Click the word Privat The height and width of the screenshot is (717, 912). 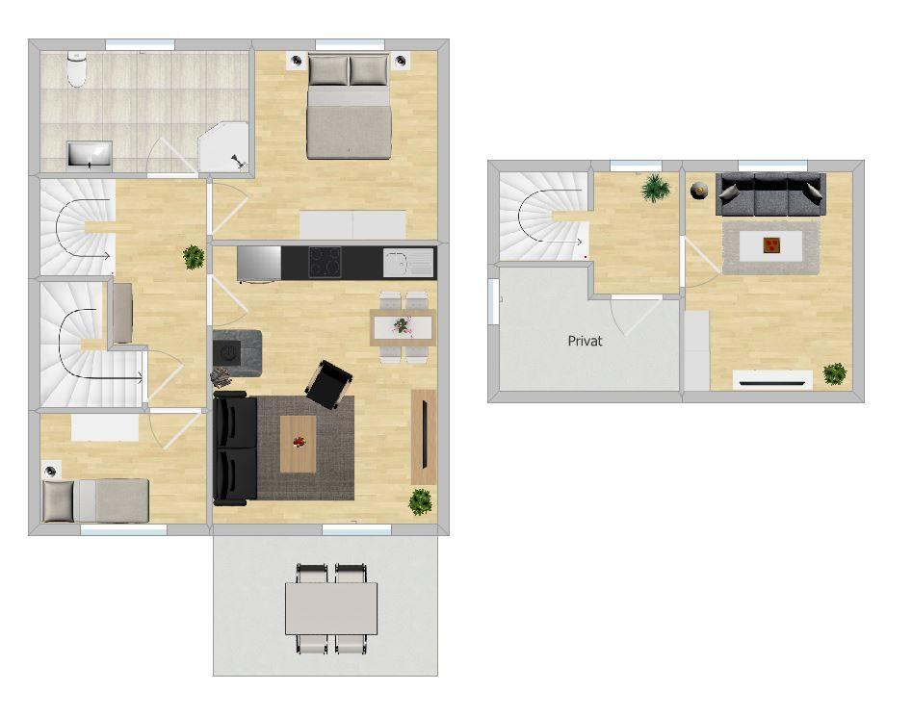pyautogui.click(x=586, y=341)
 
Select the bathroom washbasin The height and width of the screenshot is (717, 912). pyautogui.click(x=90, y=153)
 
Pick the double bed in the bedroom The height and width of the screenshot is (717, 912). pyautogui.click(x=350, y=108)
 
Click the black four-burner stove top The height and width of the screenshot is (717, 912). pyautogui.click(x=326, y=261)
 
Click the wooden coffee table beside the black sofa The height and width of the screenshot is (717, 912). pyautogui.click(x=298, y=444)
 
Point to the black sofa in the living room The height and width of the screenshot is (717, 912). pyautogui.click(x=234, y=449)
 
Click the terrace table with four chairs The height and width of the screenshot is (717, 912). pyautogui.click(x=330, y=608)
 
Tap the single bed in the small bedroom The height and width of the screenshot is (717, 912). pyautogui.click(x=96, y=500)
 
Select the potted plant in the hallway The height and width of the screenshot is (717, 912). pyautogui.click(x=194, y=257)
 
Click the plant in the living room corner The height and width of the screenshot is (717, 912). pyautogui.click(x=421, y=501)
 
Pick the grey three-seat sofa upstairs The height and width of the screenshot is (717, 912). pyautogui.click(x=769, y=194)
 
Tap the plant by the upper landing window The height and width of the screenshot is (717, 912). pyautogui.click(x=657, y=188)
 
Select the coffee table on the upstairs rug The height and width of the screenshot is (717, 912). pyautogui.click(x=771, y=245)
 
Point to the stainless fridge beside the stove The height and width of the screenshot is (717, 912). pyautogui.click(x=259, y=262)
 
